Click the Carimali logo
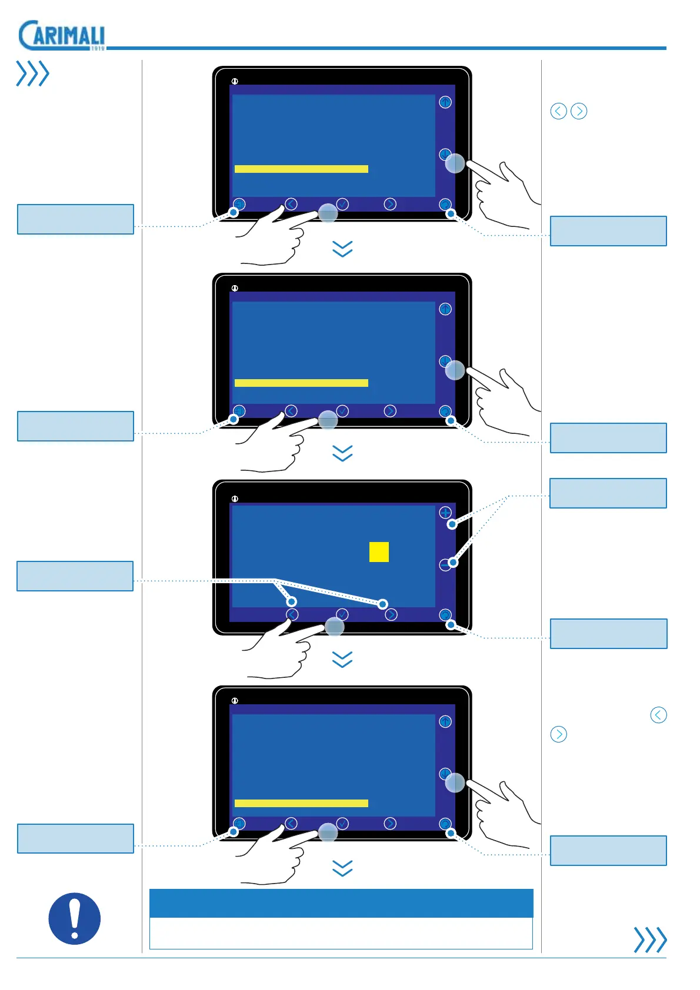(x=61, y=35)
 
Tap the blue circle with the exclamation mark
(x=74, y=918)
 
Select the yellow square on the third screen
(x=379, y=552)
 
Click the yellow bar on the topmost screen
(x=301, y=169)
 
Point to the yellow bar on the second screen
(x=301, y=383)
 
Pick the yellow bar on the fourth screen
(x=301, y=803)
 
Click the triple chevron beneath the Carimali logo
(x=32, y=73)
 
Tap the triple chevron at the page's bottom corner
(x=650, y=939)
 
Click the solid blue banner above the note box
(x=341, y=903)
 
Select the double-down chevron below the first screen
(x=342, y=249)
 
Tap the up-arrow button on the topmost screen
(x=445, y=102)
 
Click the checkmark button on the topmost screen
(x=342, y=204)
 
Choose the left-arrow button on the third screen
(x=292, y=615)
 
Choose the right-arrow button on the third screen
(x=391, y=615)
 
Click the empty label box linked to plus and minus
(x=608, y=493)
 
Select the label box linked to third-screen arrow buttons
(x=75, y=576)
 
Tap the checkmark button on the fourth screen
(x=342, y=824)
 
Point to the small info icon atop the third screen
(x=235, y=499)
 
